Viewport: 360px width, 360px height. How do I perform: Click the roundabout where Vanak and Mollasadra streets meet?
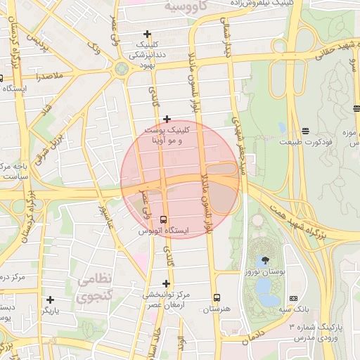pos(121,68)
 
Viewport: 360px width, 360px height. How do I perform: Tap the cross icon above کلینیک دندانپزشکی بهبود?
pos(147,34)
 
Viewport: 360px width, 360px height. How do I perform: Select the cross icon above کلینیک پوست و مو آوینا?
pos(167,119)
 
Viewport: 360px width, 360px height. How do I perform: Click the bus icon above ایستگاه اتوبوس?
pos(164,219)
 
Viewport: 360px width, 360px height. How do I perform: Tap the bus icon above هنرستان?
pos(217,297)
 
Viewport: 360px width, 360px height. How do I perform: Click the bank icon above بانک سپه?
pos(293,298)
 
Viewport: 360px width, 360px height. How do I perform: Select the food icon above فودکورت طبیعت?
pos(306,131)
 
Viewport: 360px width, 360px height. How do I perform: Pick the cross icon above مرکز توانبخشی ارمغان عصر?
pos(166,283)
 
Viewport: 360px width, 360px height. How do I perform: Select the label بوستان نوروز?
pos(266,271)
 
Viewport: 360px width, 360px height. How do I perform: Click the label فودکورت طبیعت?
pos(304,142)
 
